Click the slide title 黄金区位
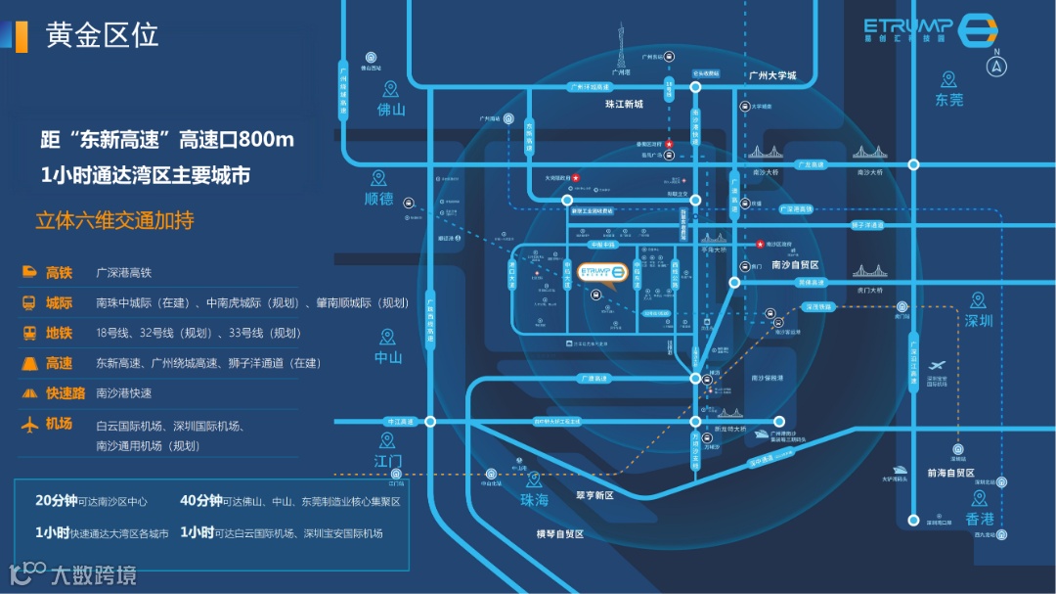point(102,35)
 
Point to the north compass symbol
point(996,65)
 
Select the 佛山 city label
point(391,110)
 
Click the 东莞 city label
point(948,100)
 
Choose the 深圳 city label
point(978,321)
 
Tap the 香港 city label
point(979,519)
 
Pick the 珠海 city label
point(534,499)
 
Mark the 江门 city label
point(388,460)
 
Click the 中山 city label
point(388,357)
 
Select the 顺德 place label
point(378,199)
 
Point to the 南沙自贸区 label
point(794,265)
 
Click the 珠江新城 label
point(624,104)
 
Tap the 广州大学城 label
point(772,75)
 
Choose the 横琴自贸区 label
point(559,534)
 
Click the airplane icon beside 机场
point(29,425)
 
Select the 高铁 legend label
point(59,273)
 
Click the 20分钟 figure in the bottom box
point(56,500)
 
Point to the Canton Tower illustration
point(618,44)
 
